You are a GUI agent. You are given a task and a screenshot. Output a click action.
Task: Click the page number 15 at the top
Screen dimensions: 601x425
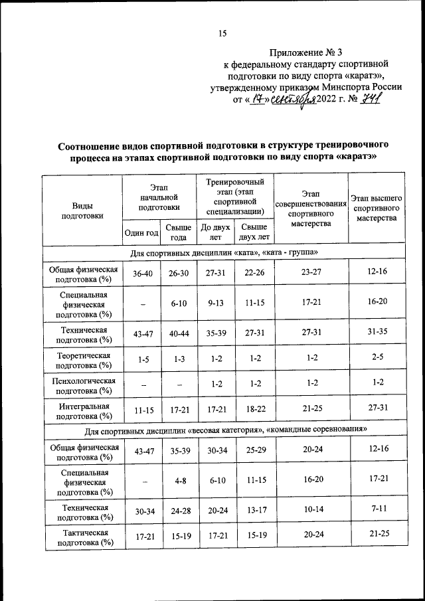pos(222,34)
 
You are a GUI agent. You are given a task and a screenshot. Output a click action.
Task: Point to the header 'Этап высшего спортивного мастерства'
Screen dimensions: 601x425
pos(376,208)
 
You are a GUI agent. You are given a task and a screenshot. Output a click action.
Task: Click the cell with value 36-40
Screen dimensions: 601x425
pos(141,273)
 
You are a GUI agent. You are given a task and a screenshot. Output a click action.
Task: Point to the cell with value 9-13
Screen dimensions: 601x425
pos(215,303)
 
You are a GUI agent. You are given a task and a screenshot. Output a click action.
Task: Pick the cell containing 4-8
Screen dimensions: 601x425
pos(178,480)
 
